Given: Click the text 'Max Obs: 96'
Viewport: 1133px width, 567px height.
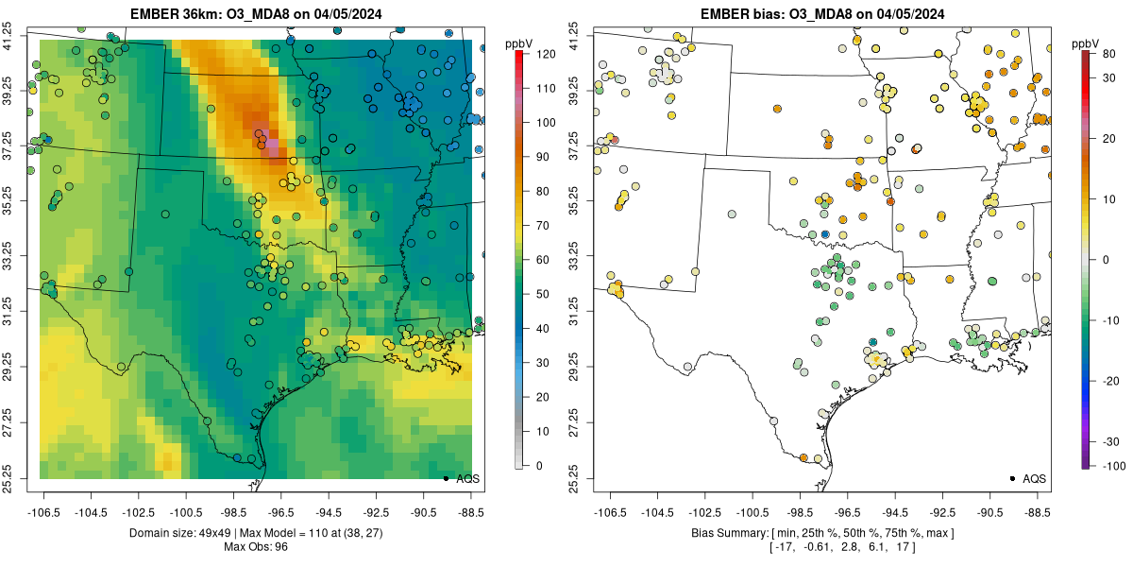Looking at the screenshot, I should click(x=255, y=546).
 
